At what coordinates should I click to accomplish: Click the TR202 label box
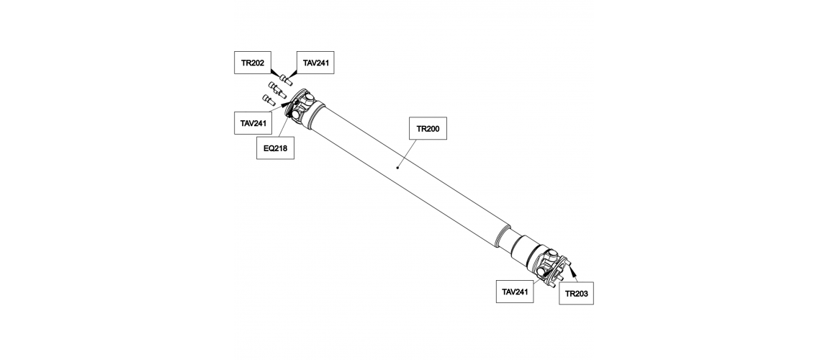click(253, 63)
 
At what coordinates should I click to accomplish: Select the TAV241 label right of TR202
click(315, 63)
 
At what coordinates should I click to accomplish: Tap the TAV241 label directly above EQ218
click(253, 123)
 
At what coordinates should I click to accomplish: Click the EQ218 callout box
click(275, 148)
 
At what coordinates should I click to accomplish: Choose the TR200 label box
click(428, 128)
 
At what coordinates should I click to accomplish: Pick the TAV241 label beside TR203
click(515, 292)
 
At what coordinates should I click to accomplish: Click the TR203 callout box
click(577, 294)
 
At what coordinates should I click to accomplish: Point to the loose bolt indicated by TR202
click(287, 79)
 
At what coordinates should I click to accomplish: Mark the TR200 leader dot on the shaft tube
click(397, 168)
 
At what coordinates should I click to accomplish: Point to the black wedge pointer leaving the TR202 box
click(276, 73)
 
